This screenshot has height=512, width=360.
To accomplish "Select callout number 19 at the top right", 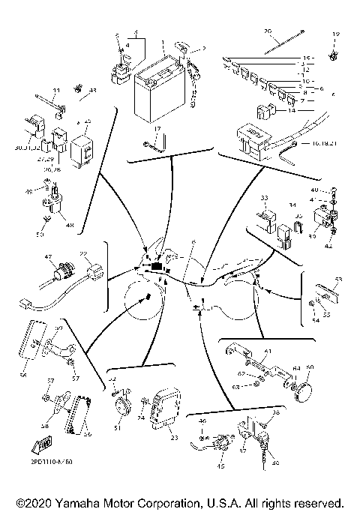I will pyautogui.click(x=335, y=34).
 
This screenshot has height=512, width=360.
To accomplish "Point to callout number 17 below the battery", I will pyautogui.click(x=158, y=129).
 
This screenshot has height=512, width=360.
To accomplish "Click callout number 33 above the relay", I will pyautogui.click(x=263, y=198).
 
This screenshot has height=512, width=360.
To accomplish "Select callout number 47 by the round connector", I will pyautogui.click(x=49, y=257).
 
